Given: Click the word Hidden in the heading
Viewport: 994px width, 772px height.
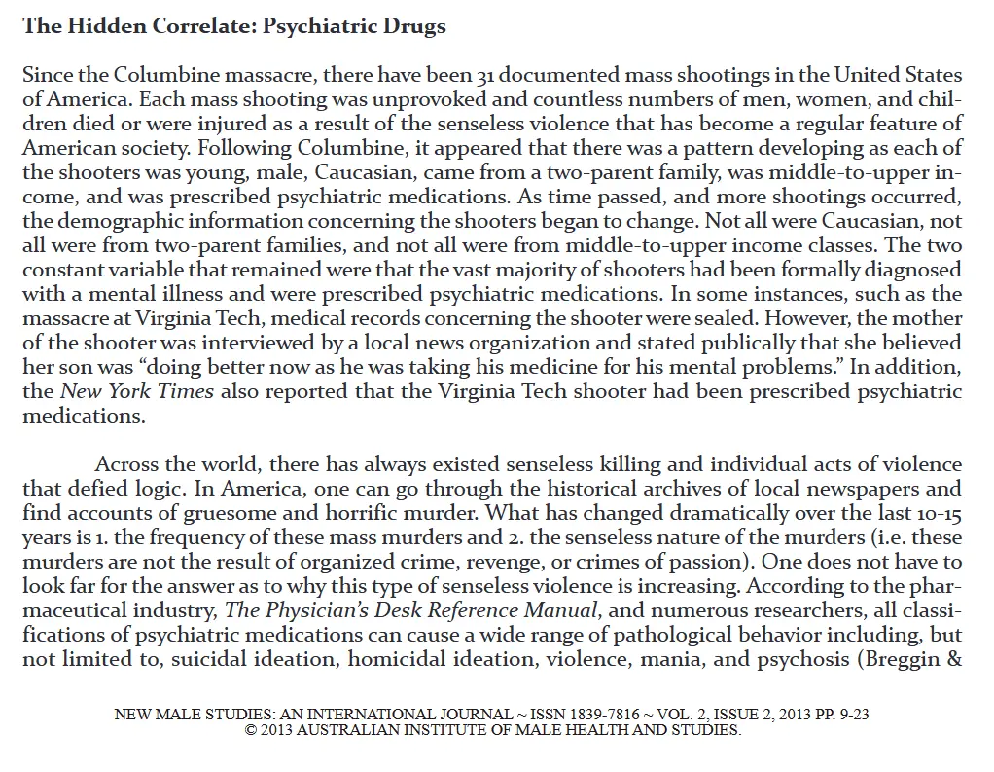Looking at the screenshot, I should [103, 26].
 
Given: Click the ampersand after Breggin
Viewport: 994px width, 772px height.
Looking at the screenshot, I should [955, 659].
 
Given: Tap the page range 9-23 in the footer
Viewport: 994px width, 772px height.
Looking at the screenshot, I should [850, 715].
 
